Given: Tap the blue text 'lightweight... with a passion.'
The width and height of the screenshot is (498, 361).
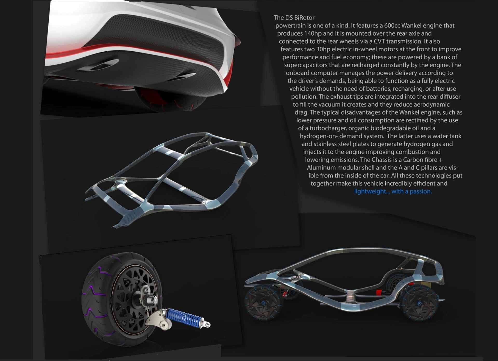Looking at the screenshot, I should point(393,191).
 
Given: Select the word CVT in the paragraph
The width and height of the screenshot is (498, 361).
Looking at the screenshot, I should point(379,41).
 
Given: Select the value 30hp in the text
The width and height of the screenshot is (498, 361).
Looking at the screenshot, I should point(323,49).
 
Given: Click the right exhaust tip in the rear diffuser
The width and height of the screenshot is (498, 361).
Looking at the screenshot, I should point(186,76).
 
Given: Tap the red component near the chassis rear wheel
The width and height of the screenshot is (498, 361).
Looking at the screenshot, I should point(379,292).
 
